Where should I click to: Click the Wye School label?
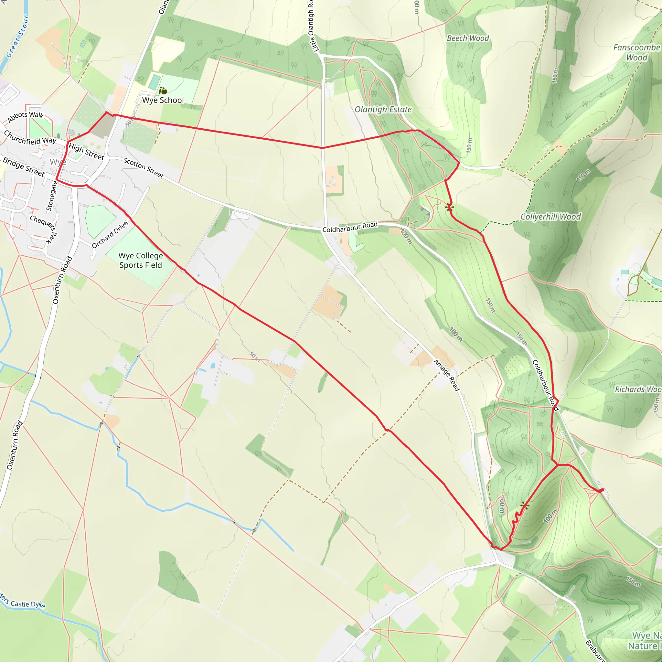[163, 100]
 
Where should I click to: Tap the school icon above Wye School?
[163, 91]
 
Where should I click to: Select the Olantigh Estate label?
[383, 109]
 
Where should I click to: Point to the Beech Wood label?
[468, 38]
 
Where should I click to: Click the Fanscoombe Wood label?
[636, 52]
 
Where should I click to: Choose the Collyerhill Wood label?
[550, 217]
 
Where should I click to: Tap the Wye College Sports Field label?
[141, 261]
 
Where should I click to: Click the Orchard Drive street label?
[110, 234]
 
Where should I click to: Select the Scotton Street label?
[143, 167]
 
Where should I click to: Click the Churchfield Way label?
[30, 137]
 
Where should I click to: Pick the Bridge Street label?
[24, 167]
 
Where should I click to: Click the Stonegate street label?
[52, 196]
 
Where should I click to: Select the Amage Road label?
[446, 375]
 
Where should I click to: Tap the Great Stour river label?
[17, 36]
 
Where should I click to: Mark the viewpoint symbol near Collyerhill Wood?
[449, 207]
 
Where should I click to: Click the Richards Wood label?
[638, 389]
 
